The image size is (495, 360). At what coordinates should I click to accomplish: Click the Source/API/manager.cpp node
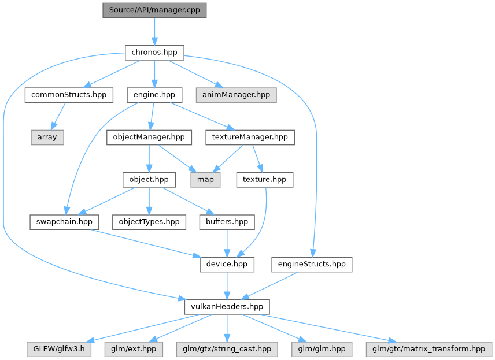(x=154, y=10)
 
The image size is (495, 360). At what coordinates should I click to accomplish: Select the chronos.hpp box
(x=154, y=53)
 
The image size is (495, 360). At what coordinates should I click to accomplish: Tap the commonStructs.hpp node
(x=69, y=95)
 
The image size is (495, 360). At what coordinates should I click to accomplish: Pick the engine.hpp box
(x=154, y=95)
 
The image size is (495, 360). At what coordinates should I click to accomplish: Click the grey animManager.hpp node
(x=236, y=95)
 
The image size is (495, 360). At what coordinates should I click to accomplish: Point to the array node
(x=47, y=138)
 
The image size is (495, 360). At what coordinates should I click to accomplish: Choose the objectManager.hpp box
(x=149, y=138)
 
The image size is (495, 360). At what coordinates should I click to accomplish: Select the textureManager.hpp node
(x=250, y=138)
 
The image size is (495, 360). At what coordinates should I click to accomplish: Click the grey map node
(x=205, y=180)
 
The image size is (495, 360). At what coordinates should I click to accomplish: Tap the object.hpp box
(x=149, y=180)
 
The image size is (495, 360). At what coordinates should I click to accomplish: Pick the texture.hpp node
(x=264, y=180)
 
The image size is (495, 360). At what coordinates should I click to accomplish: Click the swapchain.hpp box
(x=64, y=222)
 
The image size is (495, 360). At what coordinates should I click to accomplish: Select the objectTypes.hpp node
(x=149, y=222)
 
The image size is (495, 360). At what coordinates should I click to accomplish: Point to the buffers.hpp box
(x=227, y=222)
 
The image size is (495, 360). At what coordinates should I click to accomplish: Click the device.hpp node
(x=227, y=264)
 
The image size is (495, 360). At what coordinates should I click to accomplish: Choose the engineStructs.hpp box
(x=312, y=264)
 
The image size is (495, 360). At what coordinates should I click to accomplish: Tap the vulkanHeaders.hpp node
(x=227, y=307)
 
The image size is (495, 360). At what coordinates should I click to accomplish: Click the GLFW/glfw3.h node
(x=59, y=349)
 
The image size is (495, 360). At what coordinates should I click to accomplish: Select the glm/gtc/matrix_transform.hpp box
(x=428, y=349)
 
